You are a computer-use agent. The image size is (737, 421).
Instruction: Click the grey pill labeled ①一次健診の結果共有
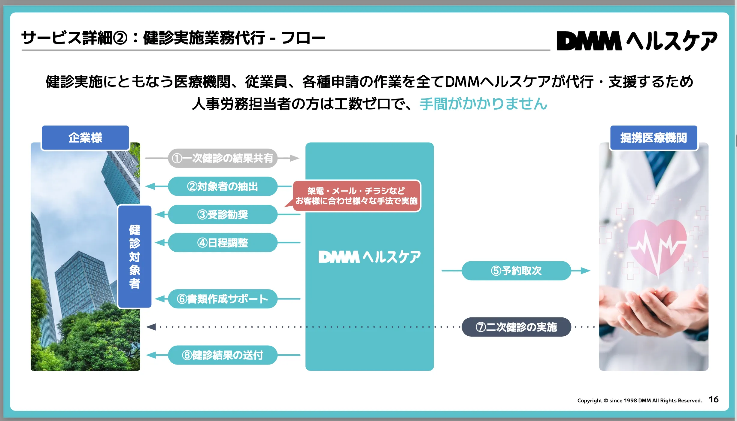pyautogui.click(x=223, y=158)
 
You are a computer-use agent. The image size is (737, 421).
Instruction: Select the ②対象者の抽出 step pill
pyautogui.click(x=223, y=186)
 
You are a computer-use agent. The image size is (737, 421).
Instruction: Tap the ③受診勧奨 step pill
pyautogui.click(x=223, y=215)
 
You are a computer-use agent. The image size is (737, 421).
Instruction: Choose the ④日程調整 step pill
pyautogui.click(x=223, y=243)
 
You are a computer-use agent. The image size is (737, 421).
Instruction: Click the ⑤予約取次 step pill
pyautogui.click(x=516, y=271)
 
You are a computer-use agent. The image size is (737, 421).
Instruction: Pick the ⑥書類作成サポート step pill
pyautogui.click(x=223, y=299)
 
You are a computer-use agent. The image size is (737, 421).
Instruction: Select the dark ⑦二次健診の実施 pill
pyautogui.click(x=516, y=327)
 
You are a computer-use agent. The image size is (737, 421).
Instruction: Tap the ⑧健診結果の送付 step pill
pyautogui.click(x=223, y=355)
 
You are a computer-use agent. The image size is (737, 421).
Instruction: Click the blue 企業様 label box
pyautogui.click(x=85, y=138)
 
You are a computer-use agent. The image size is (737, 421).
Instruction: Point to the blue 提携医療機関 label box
pyautogui.click(x=654, y=138)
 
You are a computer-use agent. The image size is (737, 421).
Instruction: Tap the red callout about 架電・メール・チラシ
pyautogui.click(x=356, y=196)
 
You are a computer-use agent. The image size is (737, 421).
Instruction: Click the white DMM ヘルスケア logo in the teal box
pyautogui.click(x=369, y=257)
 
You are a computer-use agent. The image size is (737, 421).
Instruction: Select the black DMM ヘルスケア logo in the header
pyautogui.click(x=637, y=41)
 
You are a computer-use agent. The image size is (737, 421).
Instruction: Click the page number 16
pyautogui.click(x=713, y=400)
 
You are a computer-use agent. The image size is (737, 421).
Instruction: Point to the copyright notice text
pyautogui.click(x=639, y=401)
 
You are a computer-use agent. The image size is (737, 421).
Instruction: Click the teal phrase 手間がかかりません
pyautogui.click(x=484, y=104)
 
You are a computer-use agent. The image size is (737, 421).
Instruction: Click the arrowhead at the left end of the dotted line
pyautogui.click(x=151, y=327)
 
